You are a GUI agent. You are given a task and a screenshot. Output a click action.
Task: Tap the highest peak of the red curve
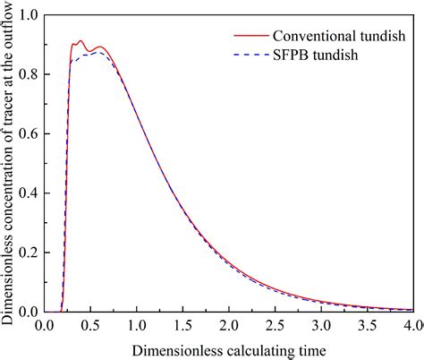pyautogui.click(x=81, y=41)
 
